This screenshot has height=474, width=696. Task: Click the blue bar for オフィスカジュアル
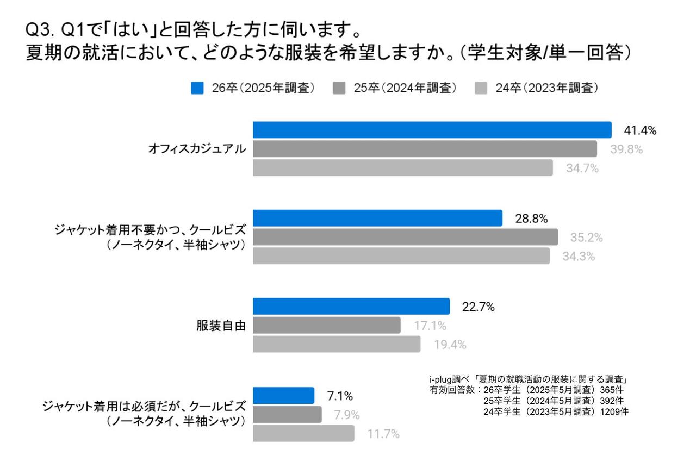click(x=432, y=130)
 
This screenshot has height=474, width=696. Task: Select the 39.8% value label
click(x=626, y=149)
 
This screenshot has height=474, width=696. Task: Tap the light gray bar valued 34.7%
click(x=402, y=168)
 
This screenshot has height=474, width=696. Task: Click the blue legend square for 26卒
click(x=197, y=88)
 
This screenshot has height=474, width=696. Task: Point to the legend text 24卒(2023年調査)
click(x=546, y=88)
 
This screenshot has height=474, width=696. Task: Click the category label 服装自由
click(x=221, y=326)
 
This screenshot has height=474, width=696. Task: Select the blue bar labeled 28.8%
click(x=377, y=218)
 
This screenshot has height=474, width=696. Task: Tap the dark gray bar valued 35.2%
click(x=405, y=237)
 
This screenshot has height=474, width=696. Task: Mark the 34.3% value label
click(x=579, y=257)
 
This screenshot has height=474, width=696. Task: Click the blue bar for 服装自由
click(x=351, y=307)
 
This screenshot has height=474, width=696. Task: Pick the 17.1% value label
click(x=430, y=326)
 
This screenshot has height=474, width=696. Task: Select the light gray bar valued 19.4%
click(x=337, y=345)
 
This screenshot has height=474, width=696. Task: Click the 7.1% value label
click(x=340, y=396)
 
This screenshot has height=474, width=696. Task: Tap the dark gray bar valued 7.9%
click(x=287, y=415)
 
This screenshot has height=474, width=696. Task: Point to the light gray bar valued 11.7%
click(x=303, y=434)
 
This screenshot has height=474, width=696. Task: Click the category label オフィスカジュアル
click(x=197, y=149)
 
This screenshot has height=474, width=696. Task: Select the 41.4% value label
click(x=640, y=130)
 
